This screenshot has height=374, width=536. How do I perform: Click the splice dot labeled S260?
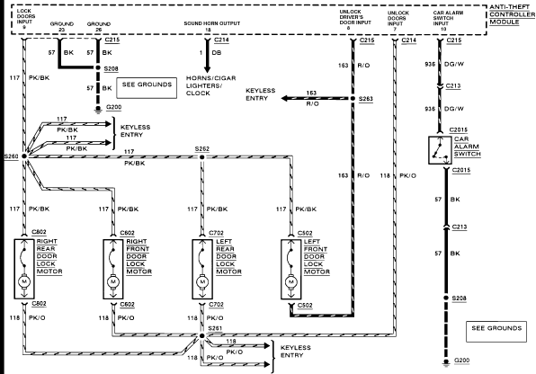tap(24, 156)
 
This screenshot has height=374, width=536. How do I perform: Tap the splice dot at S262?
tap(202, 157)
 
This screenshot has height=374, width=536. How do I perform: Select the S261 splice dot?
tap(202, 336)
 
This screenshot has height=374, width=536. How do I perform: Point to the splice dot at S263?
tap(353, 99)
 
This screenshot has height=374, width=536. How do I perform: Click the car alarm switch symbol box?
tap(440, 150)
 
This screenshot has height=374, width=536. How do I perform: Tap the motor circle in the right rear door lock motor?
tap(24, 281)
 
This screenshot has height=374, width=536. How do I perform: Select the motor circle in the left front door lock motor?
tap(291, 282)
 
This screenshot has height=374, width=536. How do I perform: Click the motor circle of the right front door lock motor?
tap(113, 282)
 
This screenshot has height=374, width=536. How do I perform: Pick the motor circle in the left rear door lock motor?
tap(202, 282)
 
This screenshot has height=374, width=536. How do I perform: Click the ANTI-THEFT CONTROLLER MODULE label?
tap(512, 14)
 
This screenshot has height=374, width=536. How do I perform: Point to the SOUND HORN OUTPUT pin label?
tap(212, 26)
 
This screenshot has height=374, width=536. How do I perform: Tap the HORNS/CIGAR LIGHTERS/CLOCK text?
tap(211, 85)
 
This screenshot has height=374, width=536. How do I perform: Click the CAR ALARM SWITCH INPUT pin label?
tap(448, 21)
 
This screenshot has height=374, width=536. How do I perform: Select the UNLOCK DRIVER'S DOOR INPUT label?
tap(355, 20)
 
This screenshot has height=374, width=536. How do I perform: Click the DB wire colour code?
tap(217, 53)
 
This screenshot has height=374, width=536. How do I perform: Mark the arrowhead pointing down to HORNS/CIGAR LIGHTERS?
tap(207, 69)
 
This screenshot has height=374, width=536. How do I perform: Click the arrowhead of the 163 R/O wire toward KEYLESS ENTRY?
tap(284, 99)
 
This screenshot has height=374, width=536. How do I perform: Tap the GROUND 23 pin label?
tap(62, 27)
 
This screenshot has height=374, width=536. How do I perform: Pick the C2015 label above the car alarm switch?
tap(458, 129)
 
